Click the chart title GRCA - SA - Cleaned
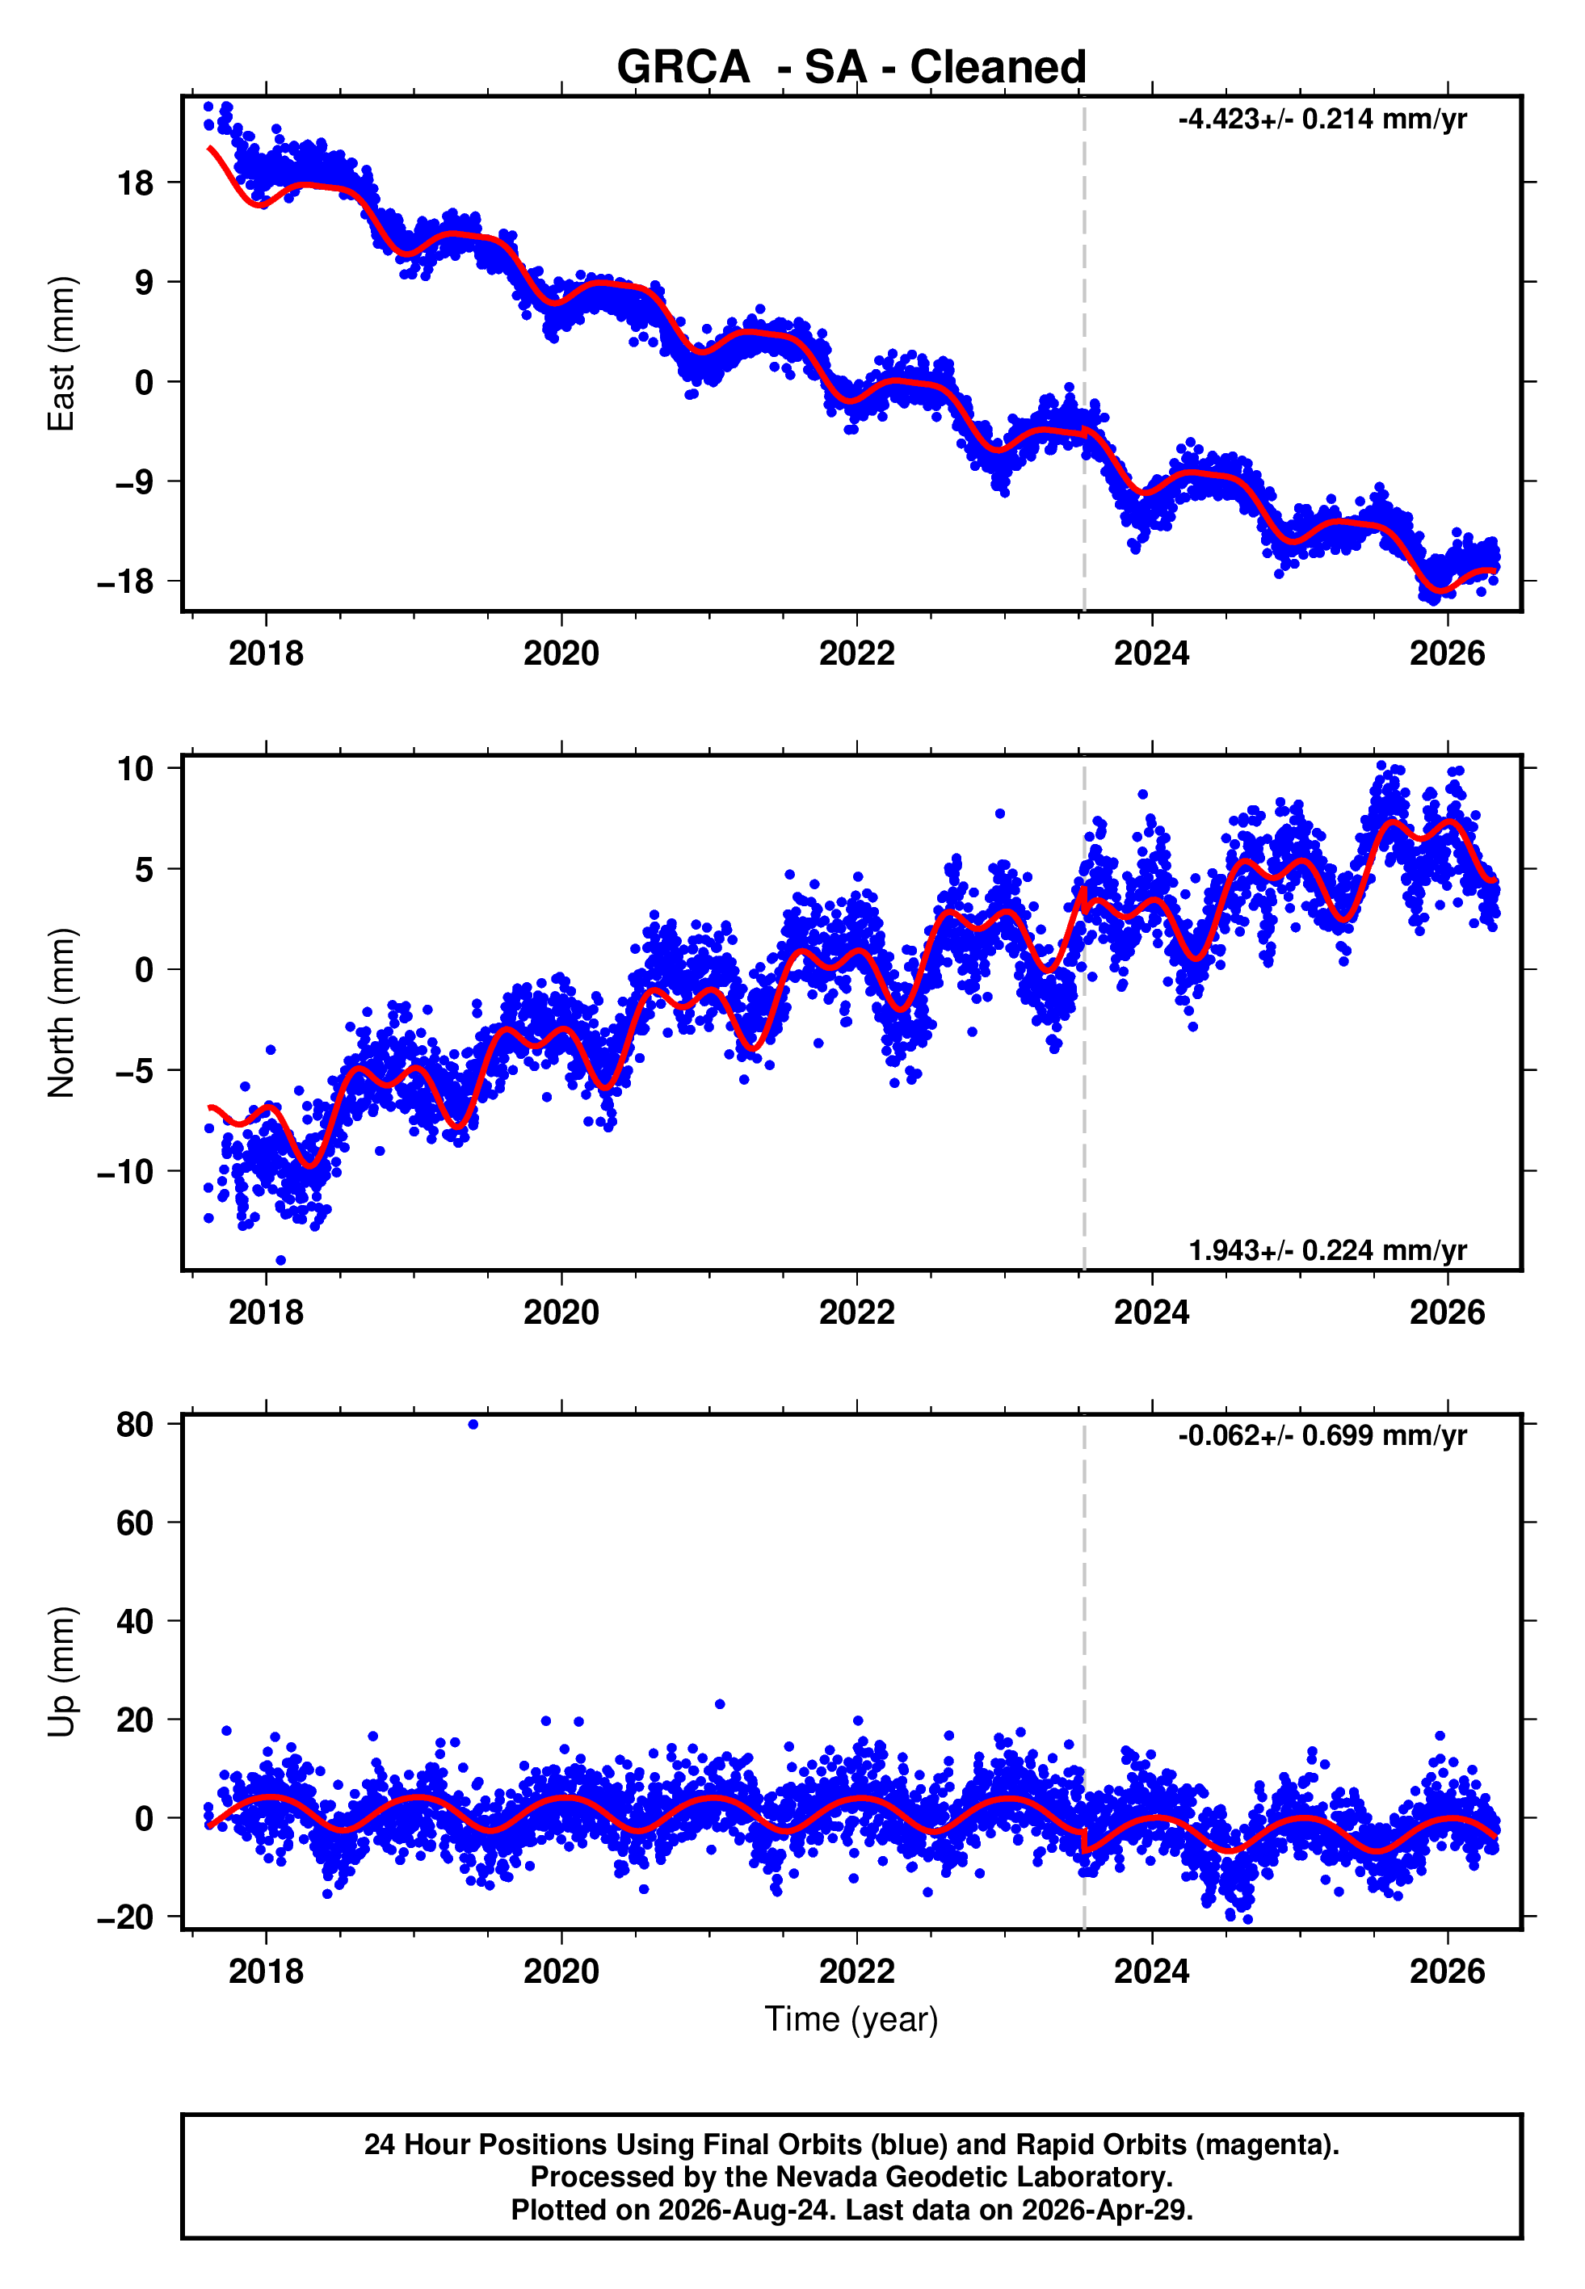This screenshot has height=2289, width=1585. point(851,68)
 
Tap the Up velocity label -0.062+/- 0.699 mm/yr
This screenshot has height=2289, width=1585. point(1322,1435)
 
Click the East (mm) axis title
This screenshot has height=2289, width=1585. point(61,354)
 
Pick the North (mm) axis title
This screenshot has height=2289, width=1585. point(61,1013)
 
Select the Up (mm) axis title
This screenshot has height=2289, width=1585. point(61,1672)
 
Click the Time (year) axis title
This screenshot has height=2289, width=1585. point(851,2020)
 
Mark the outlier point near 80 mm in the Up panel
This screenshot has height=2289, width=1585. point(473,1425)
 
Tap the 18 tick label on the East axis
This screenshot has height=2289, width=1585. point(136,183)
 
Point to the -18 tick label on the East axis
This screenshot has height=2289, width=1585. point(126,581)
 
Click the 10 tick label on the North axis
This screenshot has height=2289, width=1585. point(136,768)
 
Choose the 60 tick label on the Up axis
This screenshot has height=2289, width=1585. point(135,1522)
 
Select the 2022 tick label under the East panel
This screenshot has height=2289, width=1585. point(856,653)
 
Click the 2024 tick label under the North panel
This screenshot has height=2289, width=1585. point(1152,1312)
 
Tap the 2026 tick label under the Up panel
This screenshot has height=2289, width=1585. point(1447,1972)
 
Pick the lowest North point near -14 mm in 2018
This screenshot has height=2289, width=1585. point(281,1261)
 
